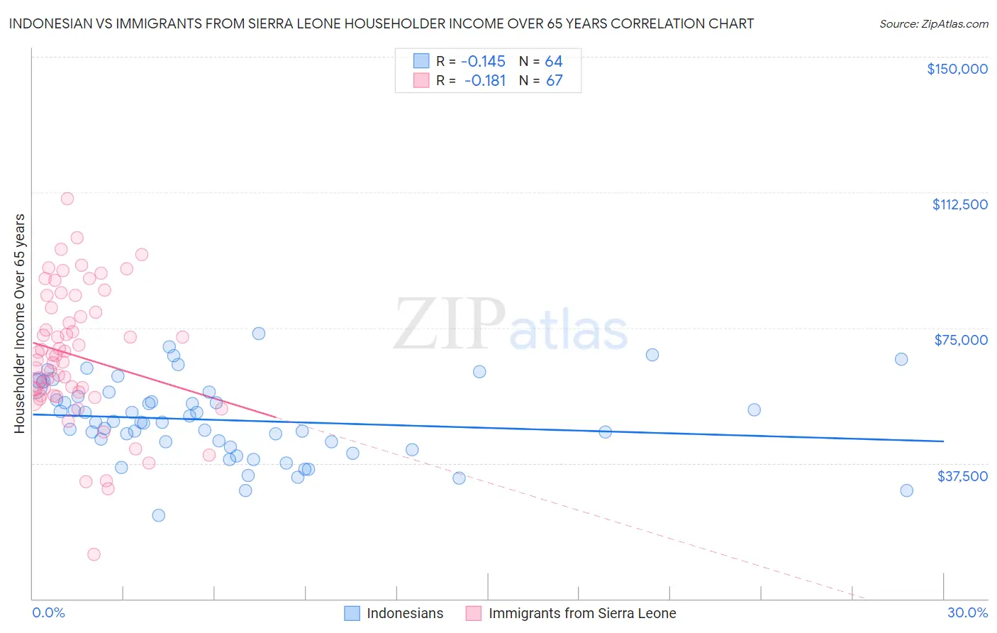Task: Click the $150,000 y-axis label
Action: point(957,69)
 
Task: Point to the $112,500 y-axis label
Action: point(959,204)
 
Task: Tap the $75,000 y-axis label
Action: point(961,340)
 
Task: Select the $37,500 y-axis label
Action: point(962,476)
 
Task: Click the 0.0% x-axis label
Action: point(48,612)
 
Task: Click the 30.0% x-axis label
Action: point(967,612)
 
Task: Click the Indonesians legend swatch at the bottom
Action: point(352,613)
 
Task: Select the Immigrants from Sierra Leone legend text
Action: point(582,613)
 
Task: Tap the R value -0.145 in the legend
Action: point(483,61)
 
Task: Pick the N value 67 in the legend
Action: point(554,80)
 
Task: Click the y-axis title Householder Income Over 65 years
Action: point(19,323)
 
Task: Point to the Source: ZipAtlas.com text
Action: point(933,24)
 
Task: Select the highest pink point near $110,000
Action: point(67,199)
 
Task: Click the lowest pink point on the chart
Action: point(94,554)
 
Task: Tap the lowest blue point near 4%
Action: point(159,515)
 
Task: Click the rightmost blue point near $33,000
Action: point(906,490)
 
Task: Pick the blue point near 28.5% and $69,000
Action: point(901,359)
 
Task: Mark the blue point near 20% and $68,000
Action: point(652,355)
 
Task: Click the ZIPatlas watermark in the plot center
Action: point(511,325)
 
